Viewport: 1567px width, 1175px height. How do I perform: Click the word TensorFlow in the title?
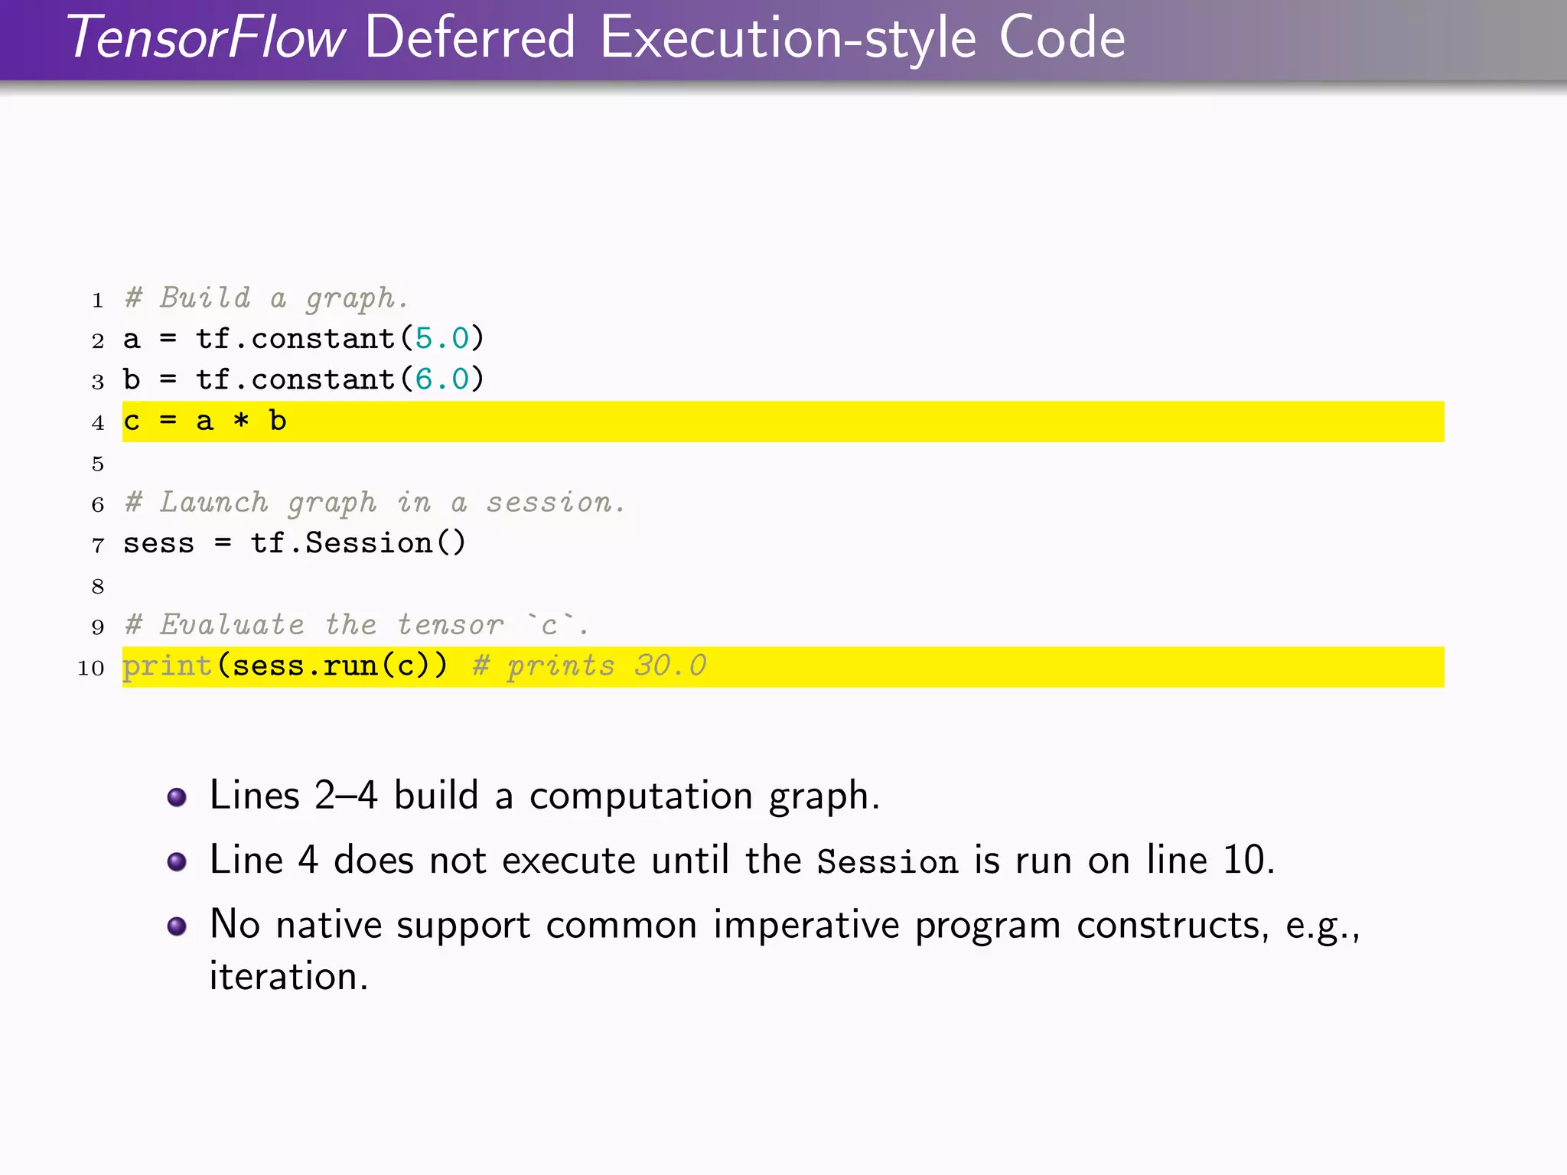[207, 38]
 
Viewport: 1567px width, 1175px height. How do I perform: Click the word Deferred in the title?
[470, 38]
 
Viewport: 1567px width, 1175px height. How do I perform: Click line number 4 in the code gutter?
[98, 423]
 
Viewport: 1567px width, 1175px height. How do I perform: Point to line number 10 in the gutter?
[91, 669]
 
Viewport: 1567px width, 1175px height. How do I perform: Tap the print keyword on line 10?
[168, 666]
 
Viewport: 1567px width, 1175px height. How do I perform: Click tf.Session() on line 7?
[358, 543]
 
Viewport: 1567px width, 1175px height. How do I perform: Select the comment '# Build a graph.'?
[266, 298]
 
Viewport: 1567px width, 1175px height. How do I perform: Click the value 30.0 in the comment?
[670, 666]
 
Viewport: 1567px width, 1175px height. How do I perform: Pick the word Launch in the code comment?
[214, 503]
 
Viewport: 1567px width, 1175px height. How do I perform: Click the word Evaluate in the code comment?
[232, 625]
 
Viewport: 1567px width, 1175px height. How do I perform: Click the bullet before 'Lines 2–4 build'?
[177, 797]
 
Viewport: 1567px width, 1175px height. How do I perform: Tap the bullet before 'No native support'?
[177, 926]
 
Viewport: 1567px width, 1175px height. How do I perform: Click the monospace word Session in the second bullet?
[887, 862]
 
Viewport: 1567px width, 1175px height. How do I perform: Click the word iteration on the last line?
[288, 977]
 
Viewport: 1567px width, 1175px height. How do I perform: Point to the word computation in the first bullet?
[641, 796]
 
